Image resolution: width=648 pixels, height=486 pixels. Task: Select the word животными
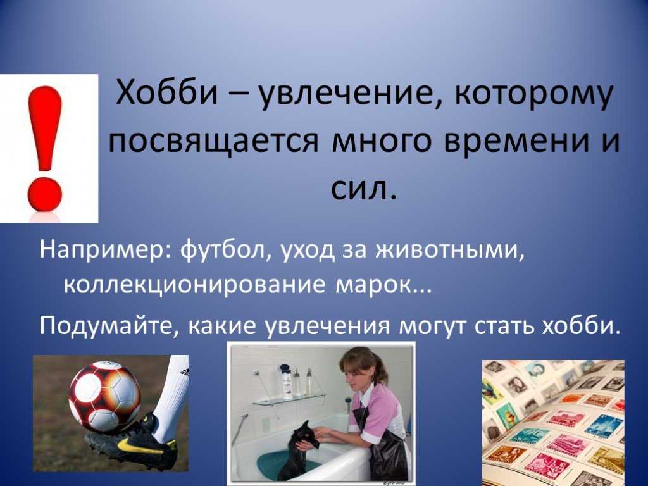click(x=450, y=251)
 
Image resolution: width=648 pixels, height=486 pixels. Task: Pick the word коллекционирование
click(x=195, y=285)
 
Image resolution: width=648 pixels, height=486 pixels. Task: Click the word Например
click(x=105, y=252)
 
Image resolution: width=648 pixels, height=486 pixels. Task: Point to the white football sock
click(x=172, y=397)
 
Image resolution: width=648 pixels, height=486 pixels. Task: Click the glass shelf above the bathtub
click(x=289, y=399)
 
